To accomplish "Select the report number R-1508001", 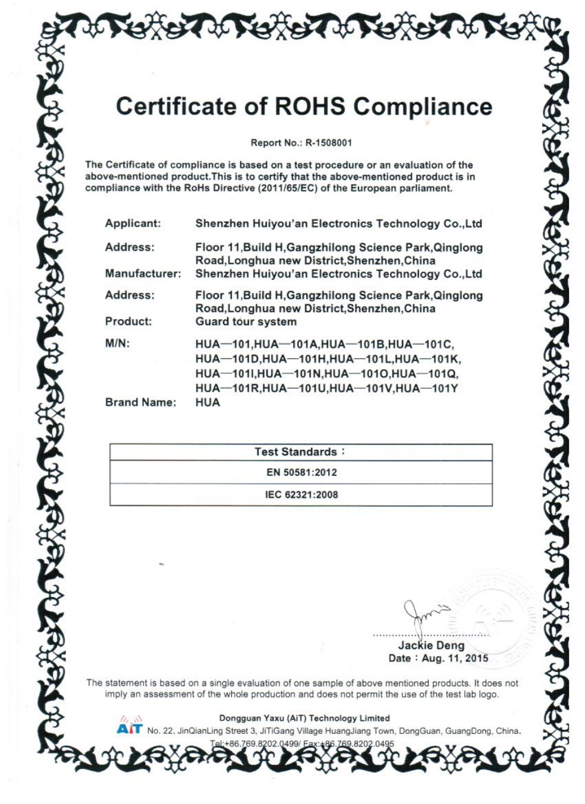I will click(x=329, y=143).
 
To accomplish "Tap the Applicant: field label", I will click(x=133, y=223).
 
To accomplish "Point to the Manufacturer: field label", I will click(x=143, y=274).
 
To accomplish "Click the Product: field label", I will click(x=128, y=321).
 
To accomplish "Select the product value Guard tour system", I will click(x=246, y=321).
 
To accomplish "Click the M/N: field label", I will click(x=117, y=343).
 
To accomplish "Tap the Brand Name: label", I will click(x=140, y=402).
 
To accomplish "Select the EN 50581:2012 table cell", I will click(x=301, y=472).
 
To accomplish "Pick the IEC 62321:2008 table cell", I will click(x=301, y=494).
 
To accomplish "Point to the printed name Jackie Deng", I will click(x=431, y=645).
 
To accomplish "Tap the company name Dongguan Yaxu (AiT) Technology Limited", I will click(x=304, y=718).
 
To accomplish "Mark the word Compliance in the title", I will click(x=423, y=107).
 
